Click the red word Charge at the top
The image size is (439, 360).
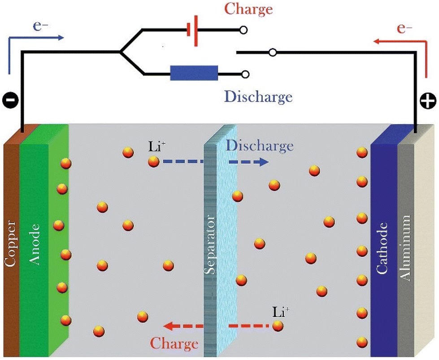(x=248, y=9)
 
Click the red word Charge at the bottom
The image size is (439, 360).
(x=174, y=343)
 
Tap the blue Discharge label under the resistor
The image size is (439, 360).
(x=258, y=97)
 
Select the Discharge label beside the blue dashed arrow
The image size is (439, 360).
(x=260, y=146)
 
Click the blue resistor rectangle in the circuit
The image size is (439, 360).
(x=194, y=73)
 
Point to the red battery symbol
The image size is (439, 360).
(x=193, y=30)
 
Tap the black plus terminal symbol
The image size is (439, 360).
(x=428, y=101)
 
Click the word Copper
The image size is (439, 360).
(x=10, y=243)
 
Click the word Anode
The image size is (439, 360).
(x=35, y=244)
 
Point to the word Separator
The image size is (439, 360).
(x=209, y=244)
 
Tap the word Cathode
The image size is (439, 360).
(x=382, y=248)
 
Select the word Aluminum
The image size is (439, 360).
(x=405, y=247)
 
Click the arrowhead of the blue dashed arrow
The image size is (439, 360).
(x=264, y=162)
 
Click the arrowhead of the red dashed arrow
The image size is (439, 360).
(x=170, y=326)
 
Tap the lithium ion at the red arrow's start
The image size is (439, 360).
(x=278, y=326)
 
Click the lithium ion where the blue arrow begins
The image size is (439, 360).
(x=154, y=162)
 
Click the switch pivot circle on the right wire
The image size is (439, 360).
(x=273, y=52)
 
